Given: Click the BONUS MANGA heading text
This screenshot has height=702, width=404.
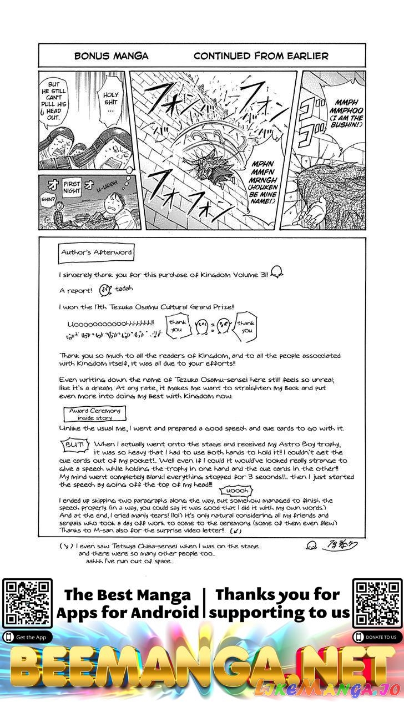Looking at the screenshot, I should (x=111, y=56).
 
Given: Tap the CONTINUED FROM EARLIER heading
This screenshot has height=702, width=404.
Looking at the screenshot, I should (x=261, y=56).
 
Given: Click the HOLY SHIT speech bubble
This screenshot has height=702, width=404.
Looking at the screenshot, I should (x=110, y=103).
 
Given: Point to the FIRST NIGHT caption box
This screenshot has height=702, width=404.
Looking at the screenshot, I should (x=72, y=188).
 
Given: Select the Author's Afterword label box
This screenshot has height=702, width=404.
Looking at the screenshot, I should (x=97, y=252).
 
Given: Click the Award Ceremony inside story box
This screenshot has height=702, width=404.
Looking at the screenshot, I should (x=94, y=414).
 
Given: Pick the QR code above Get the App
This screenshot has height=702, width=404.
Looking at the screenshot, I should (x=27, y=604).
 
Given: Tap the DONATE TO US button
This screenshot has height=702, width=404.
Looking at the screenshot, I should (x=377, y=637).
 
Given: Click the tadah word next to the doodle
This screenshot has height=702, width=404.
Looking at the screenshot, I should (x=125, y=289).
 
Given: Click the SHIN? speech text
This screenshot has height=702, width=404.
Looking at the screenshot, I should (x=48, y=200).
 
